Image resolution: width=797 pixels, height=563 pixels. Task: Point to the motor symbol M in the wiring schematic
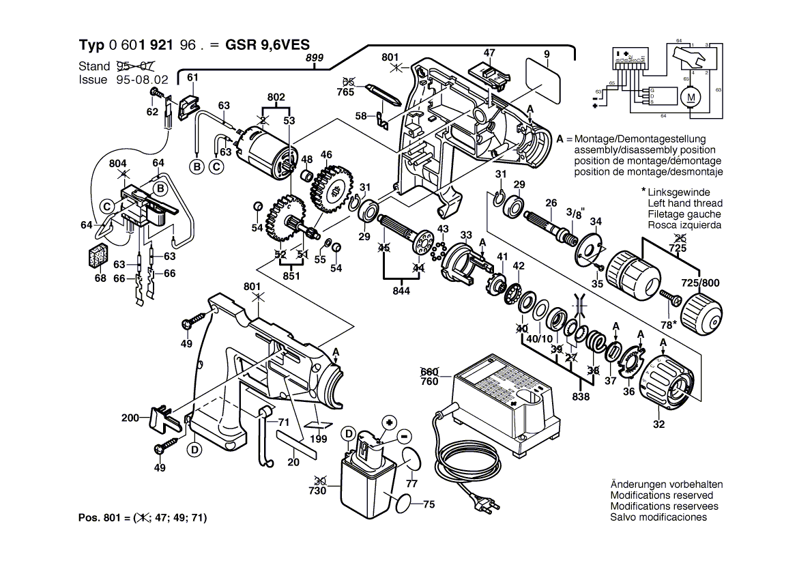coord(691,97)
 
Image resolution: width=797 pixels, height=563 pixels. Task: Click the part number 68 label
coord(101,278)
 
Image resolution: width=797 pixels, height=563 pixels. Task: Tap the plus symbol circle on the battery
coord(390,422)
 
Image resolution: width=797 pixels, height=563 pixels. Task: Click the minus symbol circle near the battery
coord(404,435)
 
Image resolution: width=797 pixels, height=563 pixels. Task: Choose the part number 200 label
coord(130,418)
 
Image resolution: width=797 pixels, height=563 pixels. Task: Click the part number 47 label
coord(489,53)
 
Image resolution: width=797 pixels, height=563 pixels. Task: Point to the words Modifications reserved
coord(661,495)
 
